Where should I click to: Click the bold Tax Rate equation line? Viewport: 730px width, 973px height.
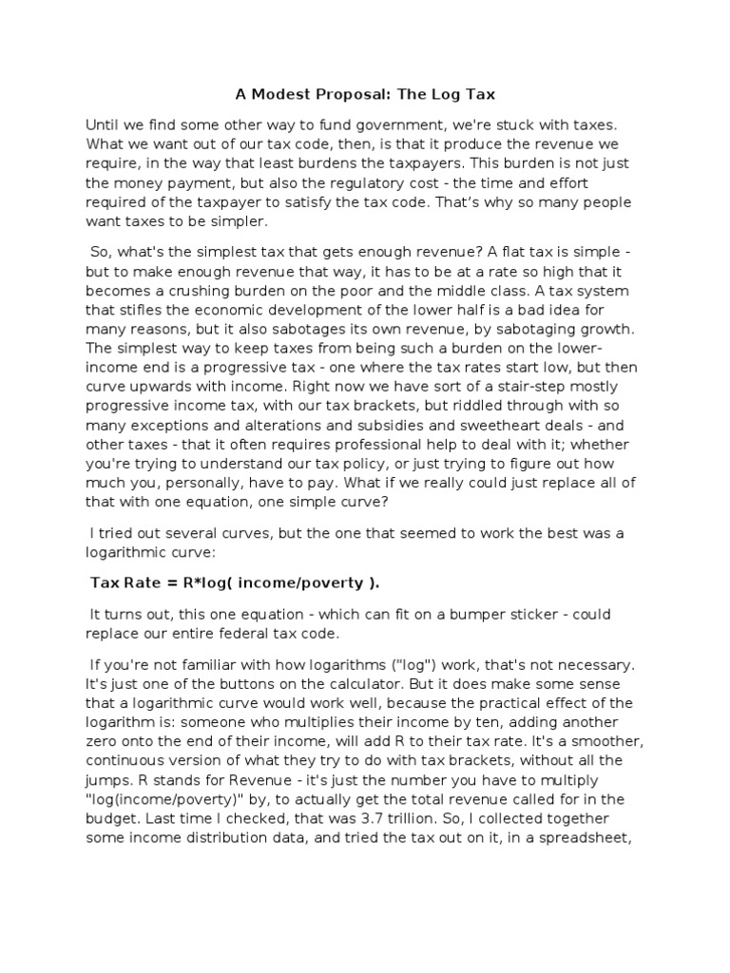[240, 582]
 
